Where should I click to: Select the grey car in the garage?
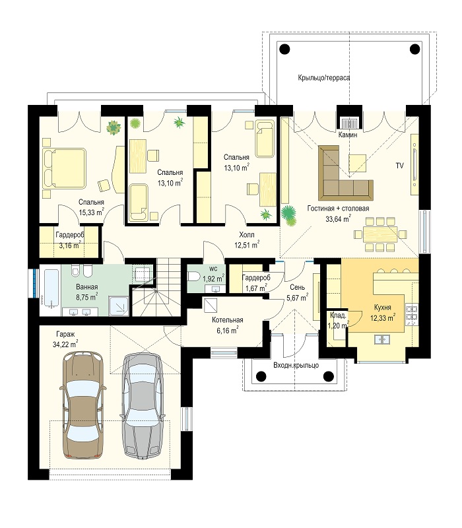(143, 406)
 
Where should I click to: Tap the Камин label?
(348, 135)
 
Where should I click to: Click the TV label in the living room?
(400, 166)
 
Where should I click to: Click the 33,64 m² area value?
(338, 219)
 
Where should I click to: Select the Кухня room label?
(383, 307)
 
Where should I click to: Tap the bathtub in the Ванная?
(50, 290)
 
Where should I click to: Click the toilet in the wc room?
(194, 277)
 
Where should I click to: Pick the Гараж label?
(65, 334)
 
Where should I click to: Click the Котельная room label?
(228, 320)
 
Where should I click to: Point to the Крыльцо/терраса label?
(324, 77)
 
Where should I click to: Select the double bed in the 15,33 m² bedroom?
(64, 168)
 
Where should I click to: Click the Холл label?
(247, 234)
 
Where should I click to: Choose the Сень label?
(298, 287)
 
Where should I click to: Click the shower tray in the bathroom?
(119, 306)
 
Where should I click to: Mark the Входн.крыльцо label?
(296, 365)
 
